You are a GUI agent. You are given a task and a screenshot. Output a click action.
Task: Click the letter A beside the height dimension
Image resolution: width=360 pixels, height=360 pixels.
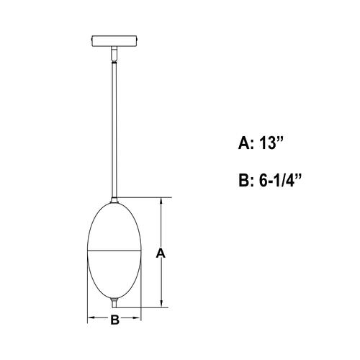pyautogui.click(x=161, y=253)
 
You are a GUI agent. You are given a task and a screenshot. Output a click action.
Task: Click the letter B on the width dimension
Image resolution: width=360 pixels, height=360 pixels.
pyautogui.click(x=114, y=321)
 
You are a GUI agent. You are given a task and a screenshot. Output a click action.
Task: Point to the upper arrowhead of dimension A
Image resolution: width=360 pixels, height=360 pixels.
pyautogui.click(x=161, y=203)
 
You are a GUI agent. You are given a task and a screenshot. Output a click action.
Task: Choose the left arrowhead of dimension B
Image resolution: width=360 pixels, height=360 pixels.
pyautogui.click(x=91, y=317)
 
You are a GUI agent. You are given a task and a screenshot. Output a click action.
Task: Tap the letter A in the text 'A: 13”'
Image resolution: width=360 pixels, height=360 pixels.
pyautogui.click(x=245, y=143)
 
